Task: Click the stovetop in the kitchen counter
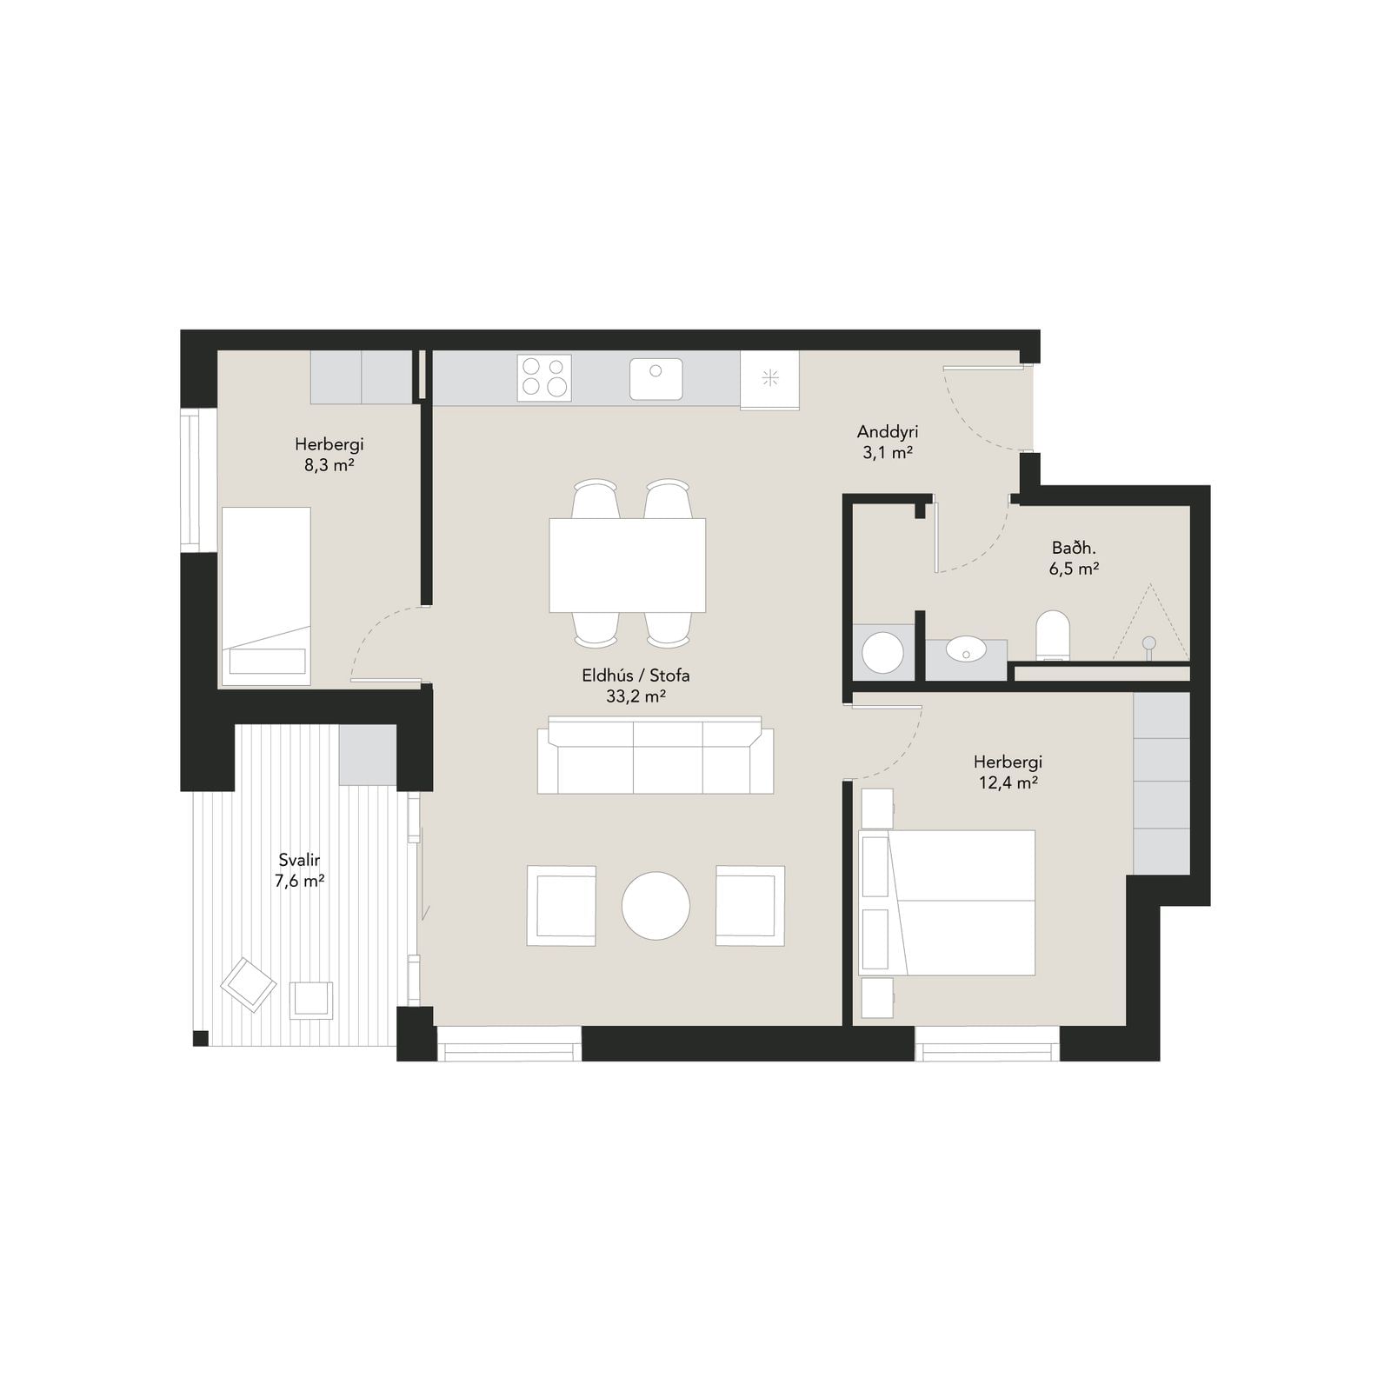click(544, 377)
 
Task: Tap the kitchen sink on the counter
click(656, 379)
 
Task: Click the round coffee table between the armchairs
click(656, 906)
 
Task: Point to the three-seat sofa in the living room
click(656, 755)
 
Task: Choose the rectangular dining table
click(627, 565)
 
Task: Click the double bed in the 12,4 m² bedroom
click(947, 902)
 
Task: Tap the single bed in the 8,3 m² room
click(266, 596)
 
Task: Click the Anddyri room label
click(888, 431)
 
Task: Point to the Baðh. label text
click(1074, 548)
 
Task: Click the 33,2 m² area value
click(636, 695)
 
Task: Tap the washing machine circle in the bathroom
click(882, 652)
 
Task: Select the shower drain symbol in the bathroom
click(1149, 643)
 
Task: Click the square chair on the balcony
click(311, 1000)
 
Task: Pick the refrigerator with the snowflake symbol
click(769, 380)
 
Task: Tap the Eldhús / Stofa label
click(636, 676)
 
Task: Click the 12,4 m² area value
click(1008, 782)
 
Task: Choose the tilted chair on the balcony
click(249, 985)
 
